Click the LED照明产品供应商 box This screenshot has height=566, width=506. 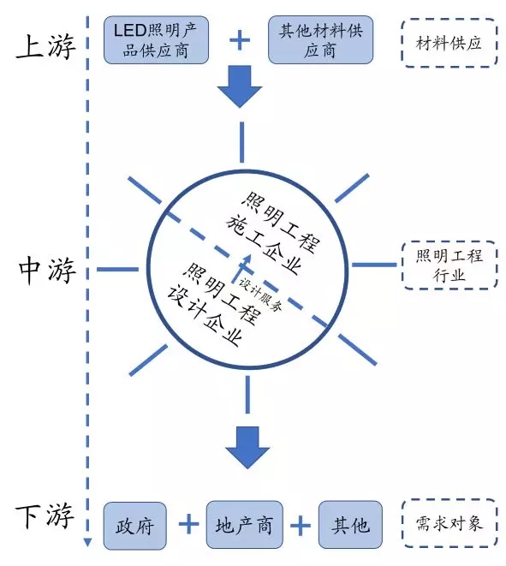156,40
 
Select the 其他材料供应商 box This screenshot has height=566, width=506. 320,40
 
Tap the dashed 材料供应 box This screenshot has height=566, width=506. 449,43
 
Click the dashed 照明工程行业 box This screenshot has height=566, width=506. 449,265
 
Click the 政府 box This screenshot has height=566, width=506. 135,526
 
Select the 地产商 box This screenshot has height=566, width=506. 244,525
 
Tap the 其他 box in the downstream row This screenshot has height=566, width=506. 350,525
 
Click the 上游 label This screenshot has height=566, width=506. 46,46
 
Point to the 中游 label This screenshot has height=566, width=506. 47,270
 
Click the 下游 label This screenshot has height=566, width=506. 45,516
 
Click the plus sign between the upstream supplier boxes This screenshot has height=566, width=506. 240,40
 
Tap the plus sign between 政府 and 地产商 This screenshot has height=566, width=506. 188,525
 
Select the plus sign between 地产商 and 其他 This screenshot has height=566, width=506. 301,525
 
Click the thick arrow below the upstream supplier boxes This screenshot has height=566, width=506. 240,86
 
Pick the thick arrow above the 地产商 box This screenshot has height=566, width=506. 247,448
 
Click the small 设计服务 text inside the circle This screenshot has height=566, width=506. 260,295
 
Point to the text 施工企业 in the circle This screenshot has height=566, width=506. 265,245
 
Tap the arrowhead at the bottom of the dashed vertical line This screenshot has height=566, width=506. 87,543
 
